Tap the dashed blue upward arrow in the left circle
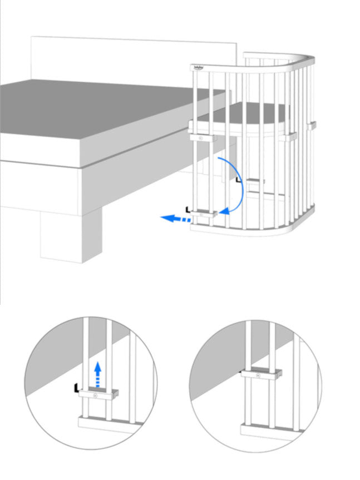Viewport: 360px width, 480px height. click(x=98, y=372)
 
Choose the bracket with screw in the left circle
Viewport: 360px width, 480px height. click(x=98, y=394)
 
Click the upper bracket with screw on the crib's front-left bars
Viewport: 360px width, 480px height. click(x=202, y=136)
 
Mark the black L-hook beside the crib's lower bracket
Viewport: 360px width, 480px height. click(x=189, y=210)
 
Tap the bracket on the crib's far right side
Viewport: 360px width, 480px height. click(x=312, y=125)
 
